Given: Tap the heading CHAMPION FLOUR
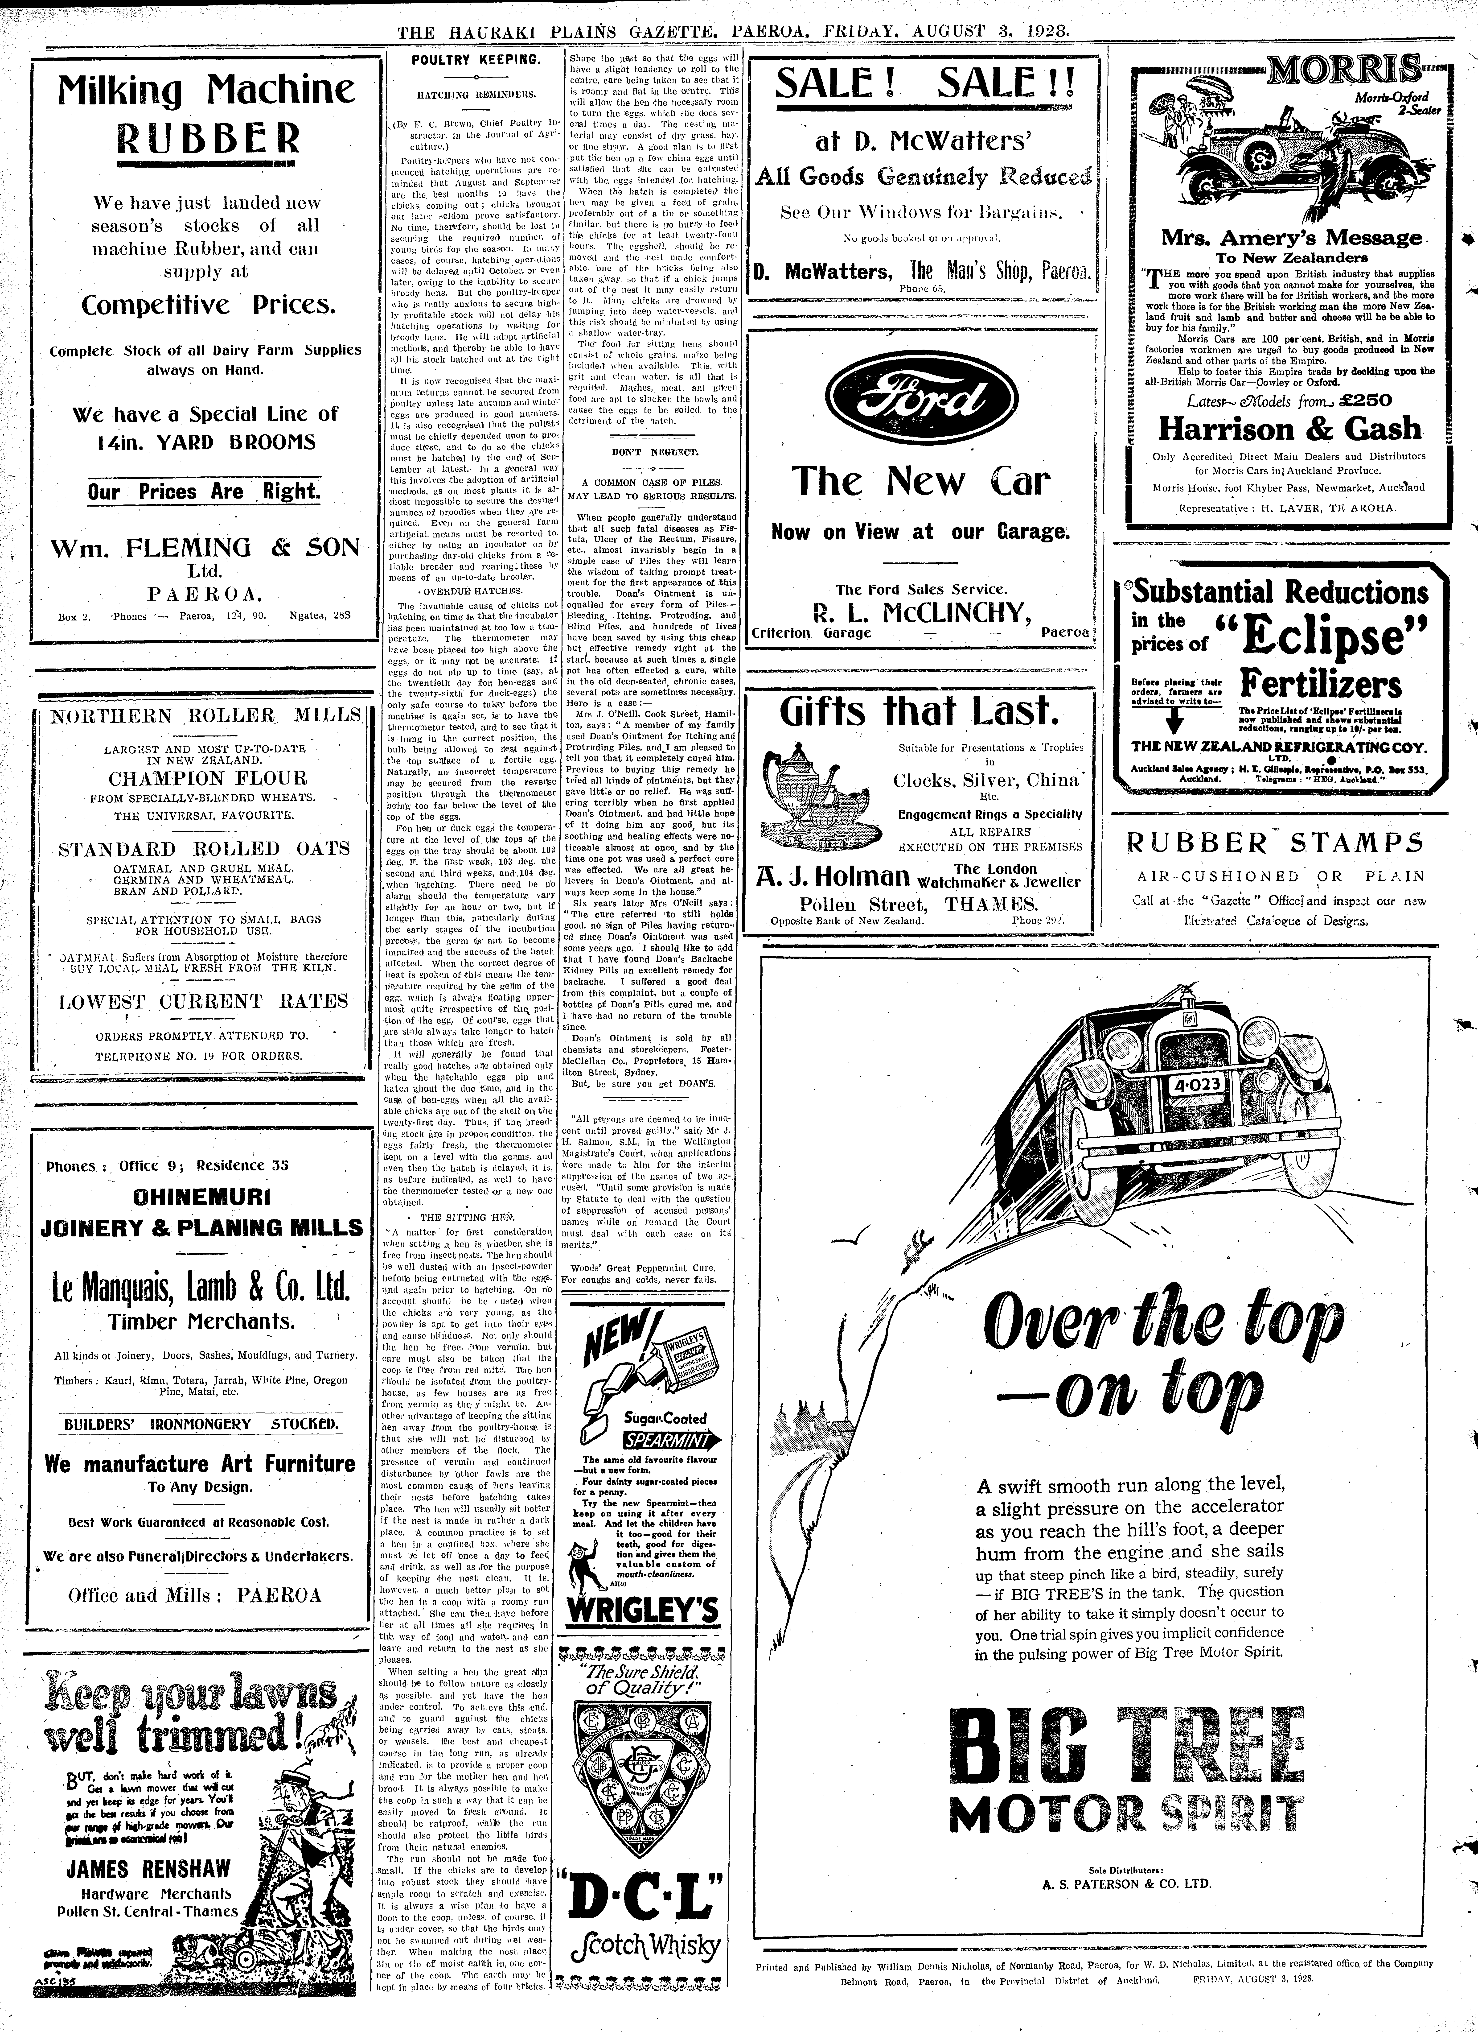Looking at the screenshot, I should pyautogui.click(x=208, y=778).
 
